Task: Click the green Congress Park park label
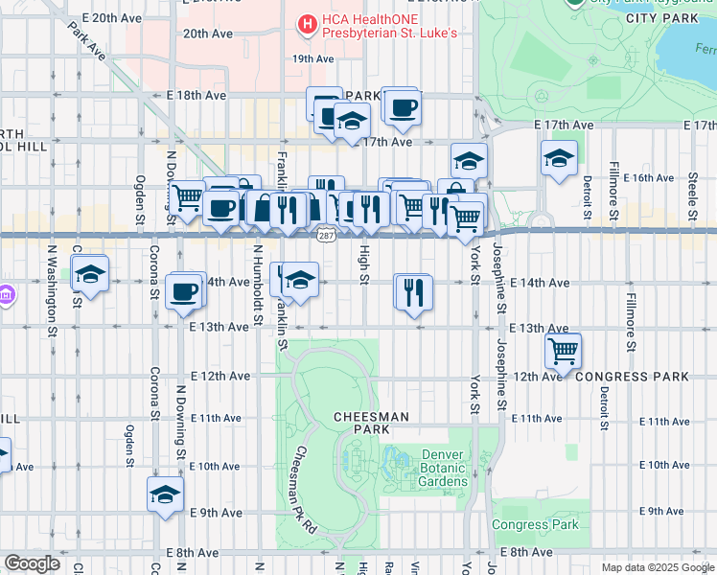[x=535, y=524]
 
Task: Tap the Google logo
[x=33, y=563]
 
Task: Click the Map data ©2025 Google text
[x=657, y=567]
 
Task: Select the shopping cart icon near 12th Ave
[x=563, y=350]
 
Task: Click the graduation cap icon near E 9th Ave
[x=165, y=495]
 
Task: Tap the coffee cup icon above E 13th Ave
[x=183, y=291]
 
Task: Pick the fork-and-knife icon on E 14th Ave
[x=414, y=291]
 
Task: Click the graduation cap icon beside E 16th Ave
[x=558, y=159]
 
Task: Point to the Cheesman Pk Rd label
[x=305, y=489]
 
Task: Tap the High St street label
[x=363, y=264]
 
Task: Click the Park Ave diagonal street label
[x=84, y=43]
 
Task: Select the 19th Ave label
[x=312, y=59]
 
